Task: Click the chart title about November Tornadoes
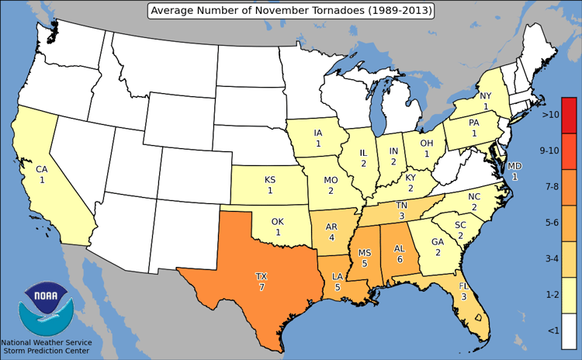pos(291,10)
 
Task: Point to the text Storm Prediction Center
pos(47,351)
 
